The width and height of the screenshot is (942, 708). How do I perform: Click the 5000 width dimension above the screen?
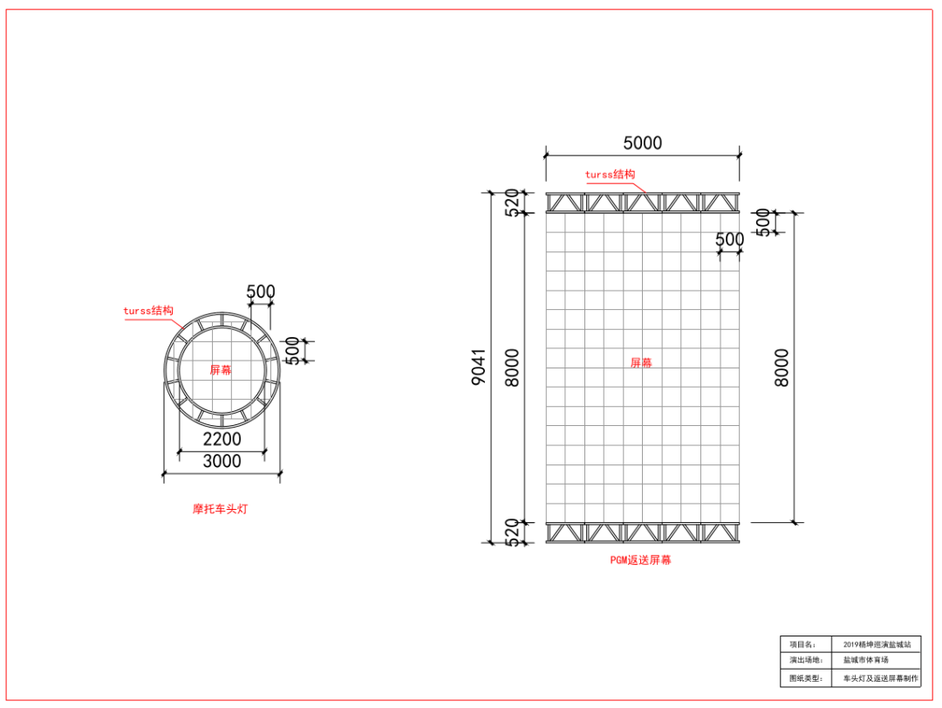642,143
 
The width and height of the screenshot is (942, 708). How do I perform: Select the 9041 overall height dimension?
479,367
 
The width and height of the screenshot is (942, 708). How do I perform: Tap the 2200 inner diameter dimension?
222,439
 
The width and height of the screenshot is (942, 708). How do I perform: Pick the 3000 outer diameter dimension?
222,461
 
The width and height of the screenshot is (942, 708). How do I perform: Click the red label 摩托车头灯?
220,509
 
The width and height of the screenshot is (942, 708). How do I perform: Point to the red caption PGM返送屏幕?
640,560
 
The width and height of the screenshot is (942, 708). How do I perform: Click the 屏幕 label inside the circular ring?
221,370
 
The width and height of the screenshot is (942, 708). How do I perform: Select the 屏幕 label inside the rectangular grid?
641,362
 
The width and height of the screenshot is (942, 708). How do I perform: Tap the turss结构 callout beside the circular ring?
148,311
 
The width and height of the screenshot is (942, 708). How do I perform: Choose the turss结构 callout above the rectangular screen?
610,175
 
